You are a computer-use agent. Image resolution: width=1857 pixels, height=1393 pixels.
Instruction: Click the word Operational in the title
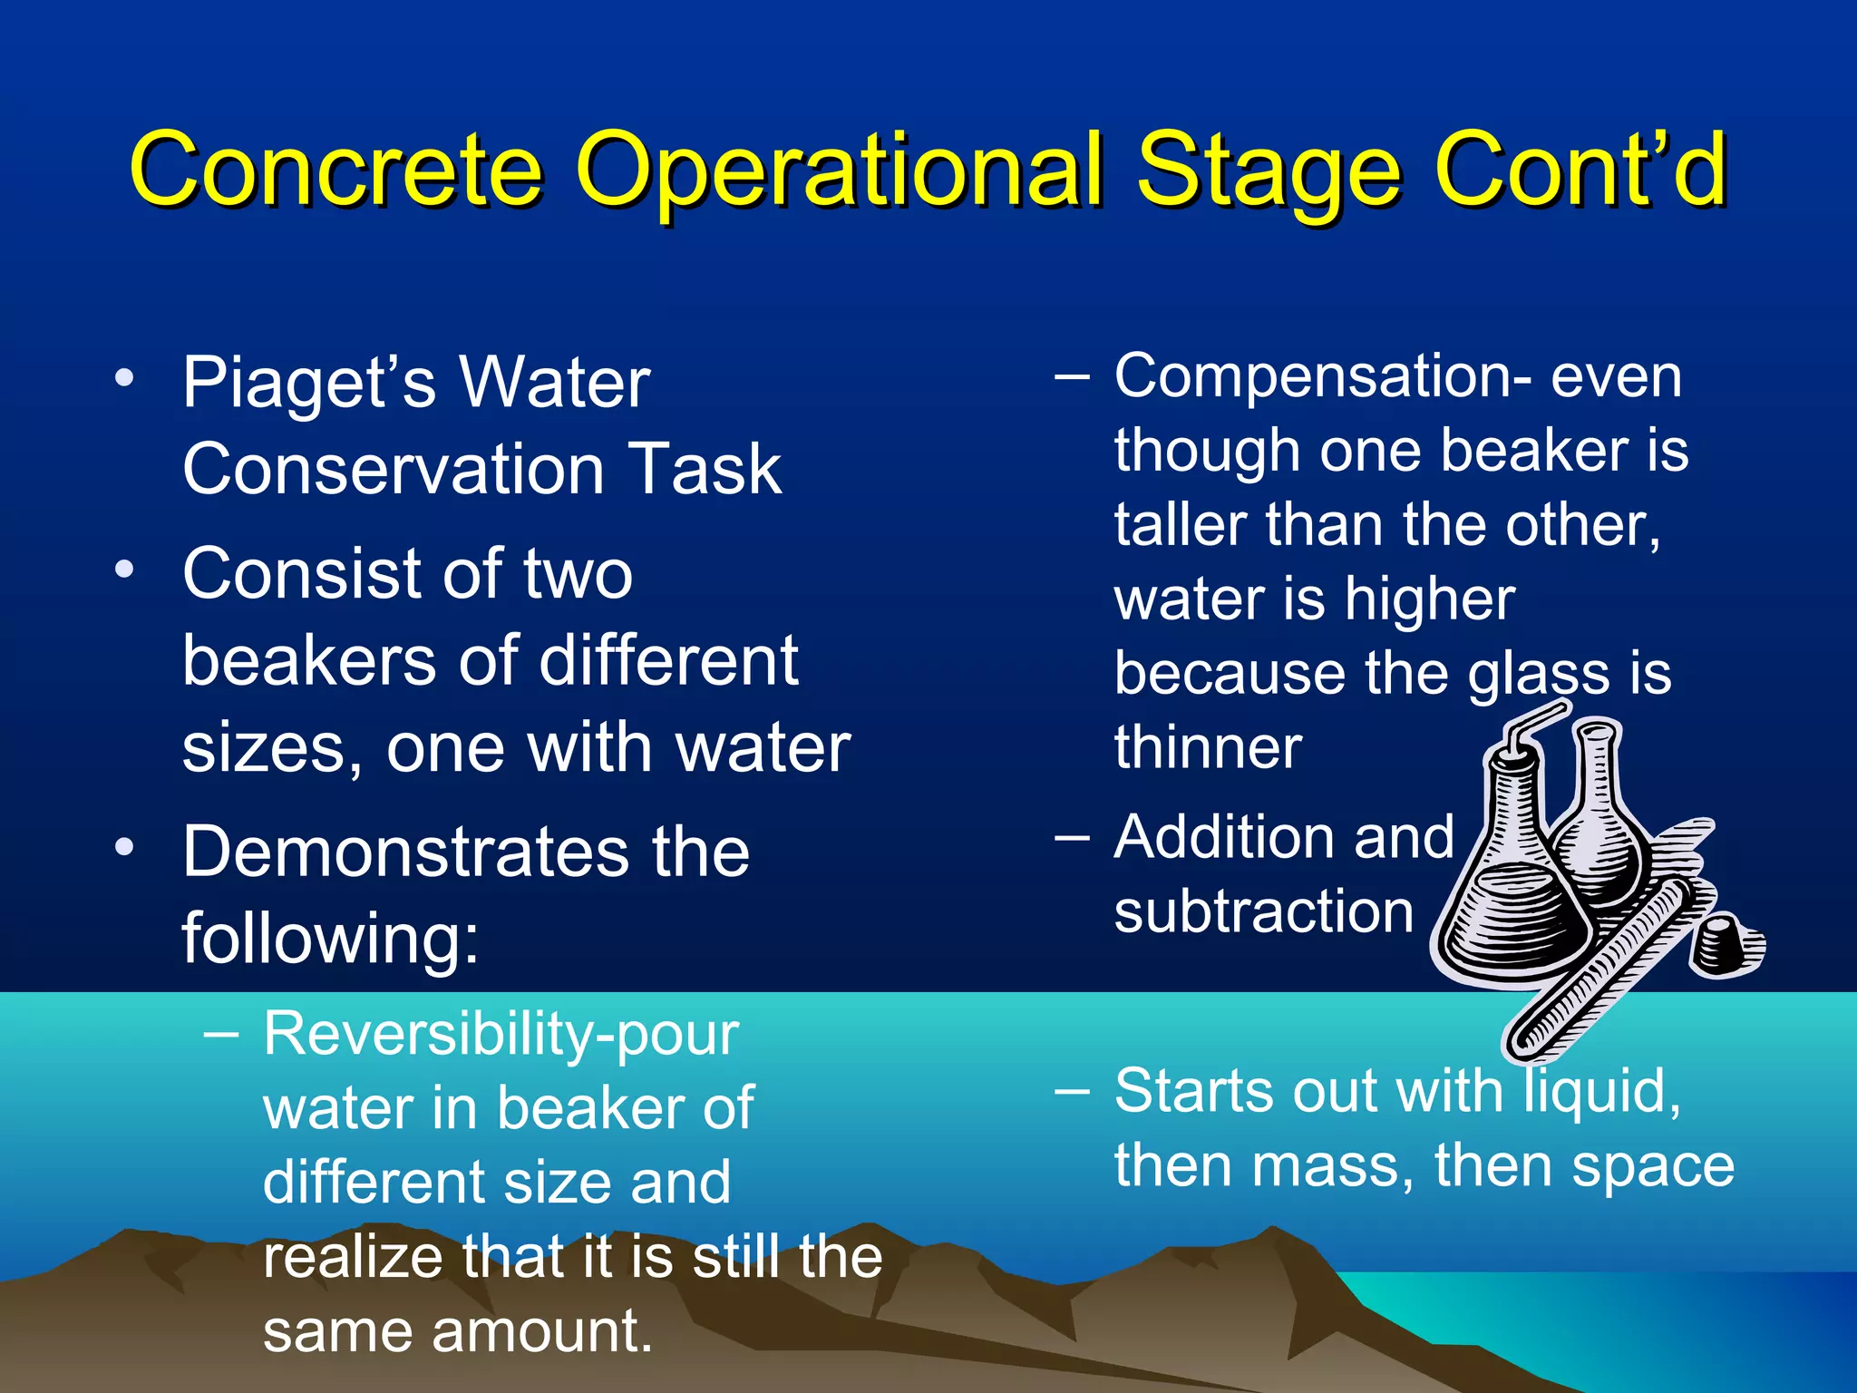click(x=839, y=170)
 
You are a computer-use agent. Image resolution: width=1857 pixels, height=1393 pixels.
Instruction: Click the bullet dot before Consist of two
click(x=124, y=570)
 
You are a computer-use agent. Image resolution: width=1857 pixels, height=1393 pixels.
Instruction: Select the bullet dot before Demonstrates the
click(x=124, y=847)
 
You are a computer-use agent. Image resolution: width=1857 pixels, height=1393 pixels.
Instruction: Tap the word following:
click(x=330, y=938)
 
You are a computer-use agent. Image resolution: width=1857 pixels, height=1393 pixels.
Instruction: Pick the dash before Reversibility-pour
click(x=221, y=1033)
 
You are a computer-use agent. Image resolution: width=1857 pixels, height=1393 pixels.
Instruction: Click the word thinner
click(x=1208, y=747)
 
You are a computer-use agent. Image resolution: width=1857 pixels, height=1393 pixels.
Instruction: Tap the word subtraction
click(x=1263, y=911)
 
